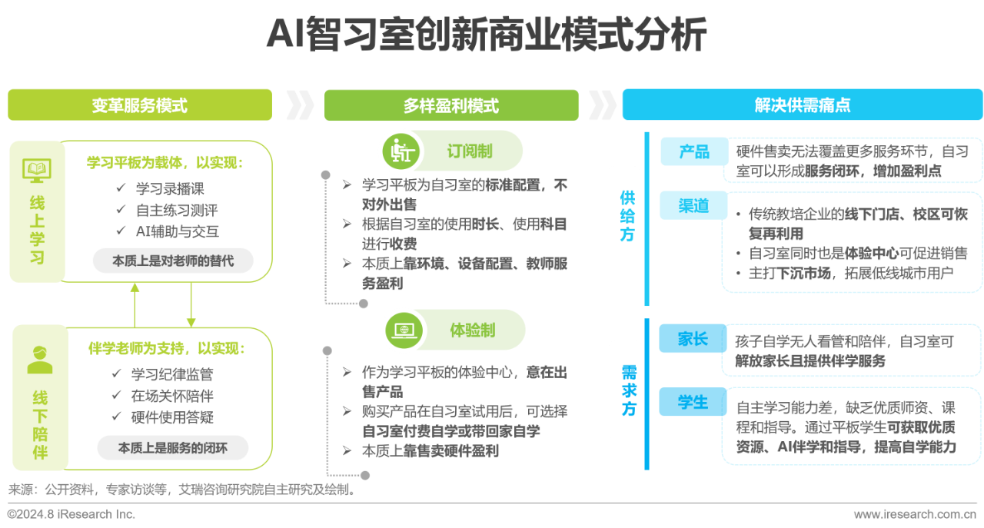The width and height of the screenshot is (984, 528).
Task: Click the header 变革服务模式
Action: (x=140, y=105)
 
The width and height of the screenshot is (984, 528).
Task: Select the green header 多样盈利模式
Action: (x=451, y=105)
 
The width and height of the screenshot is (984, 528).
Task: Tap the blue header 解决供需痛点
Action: (x=802, y=105)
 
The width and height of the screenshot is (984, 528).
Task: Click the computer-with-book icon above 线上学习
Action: (x=37, y=171)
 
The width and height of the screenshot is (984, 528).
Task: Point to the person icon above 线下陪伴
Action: (x=39, y=360)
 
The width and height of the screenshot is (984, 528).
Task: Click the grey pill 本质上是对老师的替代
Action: (x=173, y=261)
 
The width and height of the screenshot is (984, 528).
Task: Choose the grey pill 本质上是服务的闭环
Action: (x=173, y=447)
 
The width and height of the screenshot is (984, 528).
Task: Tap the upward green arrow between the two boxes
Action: (x=135, y=305)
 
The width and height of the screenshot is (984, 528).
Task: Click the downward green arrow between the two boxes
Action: (x=191, y=304)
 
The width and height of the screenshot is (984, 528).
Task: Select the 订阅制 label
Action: (x=470, y=151)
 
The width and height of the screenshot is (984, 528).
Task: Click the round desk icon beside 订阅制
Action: (x=401, y=151)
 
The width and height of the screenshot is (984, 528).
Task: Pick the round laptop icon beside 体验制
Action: (x=404, y=330)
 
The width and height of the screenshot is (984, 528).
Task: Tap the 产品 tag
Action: (x=694, y=151)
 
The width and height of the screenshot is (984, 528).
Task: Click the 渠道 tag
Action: (x=693, y=205)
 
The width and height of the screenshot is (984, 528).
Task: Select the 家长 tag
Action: (x=693, y=338)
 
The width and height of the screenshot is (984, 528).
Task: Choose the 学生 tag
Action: (x=693, y=401)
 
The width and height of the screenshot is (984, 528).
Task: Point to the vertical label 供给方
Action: (x=627, y=216)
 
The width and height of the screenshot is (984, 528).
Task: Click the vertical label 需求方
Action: (x=629, y=390)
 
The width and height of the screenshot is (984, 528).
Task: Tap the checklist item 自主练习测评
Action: (x=177, y=210)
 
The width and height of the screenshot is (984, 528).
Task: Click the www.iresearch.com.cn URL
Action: (x=915, y=514)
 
